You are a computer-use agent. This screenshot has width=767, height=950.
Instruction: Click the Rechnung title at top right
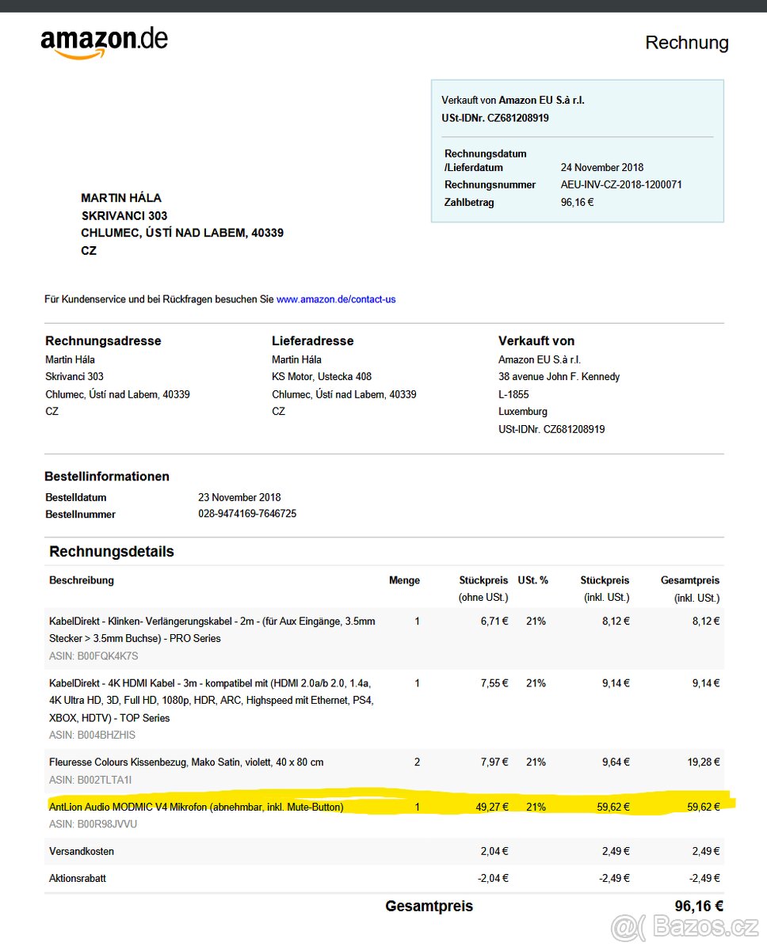coord(686,43)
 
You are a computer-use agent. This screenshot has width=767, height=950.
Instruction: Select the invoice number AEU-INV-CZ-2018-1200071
coord(621,184)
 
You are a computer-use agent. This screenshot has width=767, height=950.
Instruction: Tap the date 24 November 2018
coord(602,167)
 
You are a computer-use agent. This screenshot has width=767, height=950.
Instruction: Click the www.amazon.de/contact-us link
coord(336,299)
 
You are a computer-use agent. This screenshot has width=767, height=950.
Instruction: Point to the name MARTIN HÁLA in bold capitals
coord(121,198)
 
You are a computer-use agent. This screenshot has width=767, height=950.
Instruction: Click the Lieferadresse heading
coord(312,340)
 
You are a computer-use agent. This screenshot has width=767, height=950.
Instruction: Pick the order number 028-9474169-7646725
coord(247,514)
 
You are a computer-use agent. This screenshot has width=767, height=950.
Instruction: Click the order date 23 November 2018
coord(239,497)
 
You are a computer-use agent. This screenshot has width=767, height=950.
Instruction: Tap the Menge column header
coord(404,580)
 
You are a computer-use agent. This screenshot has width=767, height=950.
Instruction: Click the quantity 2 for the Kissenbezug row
coord(418,762)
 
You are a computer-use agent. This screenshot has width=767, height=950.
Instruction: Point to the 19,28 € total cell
coord(704,762)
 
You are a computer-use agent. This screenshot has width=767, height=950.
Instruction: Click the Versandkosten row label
coord(82,851)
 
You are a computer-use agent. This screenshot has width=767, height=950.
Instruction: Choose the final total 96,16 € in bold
coord(698,906)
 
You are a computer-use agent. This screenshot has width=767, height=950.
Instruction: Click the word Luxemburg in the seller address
coord(522,412)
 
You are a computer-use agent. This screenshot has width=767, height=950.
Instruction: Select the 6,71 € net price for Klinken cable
coord(494,621)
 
